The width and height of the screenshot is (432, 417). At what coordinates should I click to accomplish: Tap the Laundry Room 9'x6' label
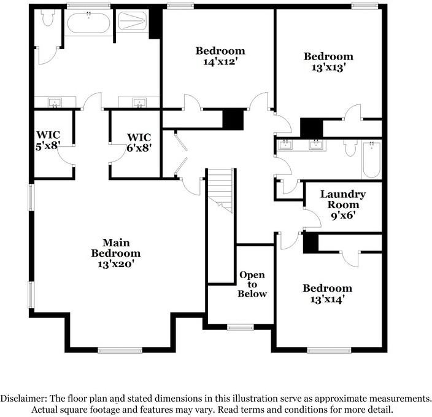click(x=342, y=205)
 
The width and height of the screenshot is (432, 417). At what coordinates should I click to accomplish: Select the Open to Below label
click(x=252, y=284)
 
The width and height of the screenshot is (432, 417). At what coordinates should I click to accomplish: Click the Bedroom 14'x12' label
click(x=220, y=56)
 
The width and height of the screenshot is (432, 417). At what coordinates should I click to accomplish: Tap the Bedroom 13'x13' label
click(x=328, y=62)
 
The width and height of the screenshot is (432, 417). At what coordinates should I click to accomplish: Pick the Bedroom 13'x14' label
click(x=327, y=294)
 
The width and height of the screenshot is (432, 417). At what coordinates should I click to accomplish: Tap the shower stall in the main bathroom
click(x=131, y=23)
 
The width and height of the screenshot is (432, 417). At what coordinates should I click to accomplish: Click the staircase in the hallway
click(x=220, y=190)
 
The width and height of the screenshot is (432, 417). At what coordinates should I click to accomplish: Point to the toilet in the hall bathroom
click(x=350, y=148)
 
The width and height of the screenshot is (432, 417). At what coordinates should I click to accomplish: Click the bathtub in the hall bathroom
click(x=371, y=159)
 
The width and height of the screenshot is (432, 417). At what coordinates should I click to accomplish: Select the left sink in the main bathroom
click(x=55, y=102)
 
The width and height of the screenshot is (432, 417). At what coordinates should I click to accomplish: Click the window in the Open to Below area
click(x=241, y=327)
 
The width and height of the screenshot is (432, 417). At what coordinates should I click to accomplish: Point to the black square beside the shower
click(x=155, y=23)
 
